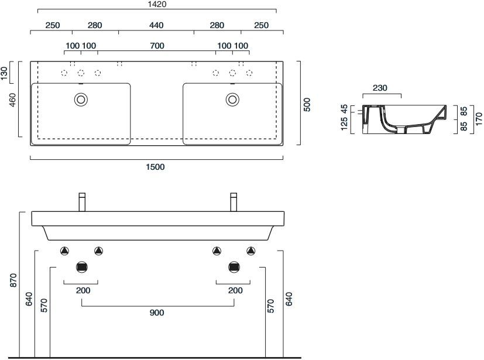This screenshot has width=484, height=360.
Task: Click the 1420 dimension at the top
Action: pyautogui.click(x=156, y=5)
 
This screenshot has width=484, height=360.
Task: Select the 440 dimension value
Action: pyautogui.click(x=156, y=25)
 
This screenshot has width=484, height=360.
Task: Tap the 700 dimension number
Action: pyautogui.click(x=156, y=46)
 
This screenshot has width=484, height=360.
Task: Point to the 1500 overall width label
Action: pyautogui.click(x=156, y=167)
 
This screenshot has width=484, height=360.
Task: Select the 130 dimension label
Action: pyautogui.click(x=5, y=73)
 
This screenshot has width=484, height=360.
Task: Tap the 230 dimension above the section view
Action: pyautogui.click(x=380, y=88)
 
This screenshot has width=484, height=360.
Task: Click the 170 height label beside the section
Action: pyautogui.click(x=478, y=120)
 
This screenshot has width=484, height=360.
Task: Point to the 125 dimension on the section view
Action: pyautogui.click(x=344, y=122)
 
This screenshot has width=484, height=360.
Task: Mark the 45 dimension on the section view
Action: pyautogui.click(x=344, y=109)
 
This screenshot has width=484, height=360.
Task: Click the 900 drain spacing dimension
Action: pyautogui.click(x=157, y=313)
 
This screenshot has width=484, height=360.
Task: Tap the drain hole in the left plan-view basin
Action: pyautogui.click(x=80, y=100)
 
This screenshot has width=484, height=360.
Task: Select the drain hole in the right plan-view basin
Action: pyautogui.click(x=232, y=100)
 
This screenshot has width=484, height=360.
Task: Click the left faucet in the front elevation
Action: pyautogui.click(x=83, y=201)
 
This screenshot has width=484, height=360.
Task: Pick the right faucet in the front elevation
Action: pyautogui.click(x=234, y=201)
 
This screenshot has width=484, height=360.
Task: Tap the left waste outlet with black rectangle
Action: pyautogui.click(x=82, y=268)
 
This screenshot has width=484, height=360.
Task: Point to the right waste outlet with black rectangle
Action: pyautogui.click(x=234, y=268)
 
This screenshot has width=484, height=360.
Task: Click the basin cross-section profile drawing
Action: pyautogui.click(x=404, y=119)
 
